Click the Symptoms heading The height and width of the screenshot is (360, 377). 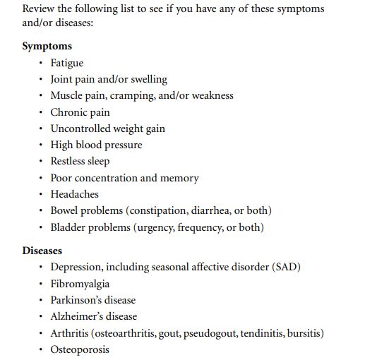coord(47,47)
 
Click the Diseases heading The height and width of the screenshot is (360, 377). coord(42,251)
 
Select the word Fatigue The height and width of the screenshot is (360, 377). coord(66,63)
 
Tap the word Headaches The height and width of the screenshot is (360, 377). coord(74,194)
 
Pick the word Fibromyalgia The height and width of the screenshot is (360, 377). coord(80,284)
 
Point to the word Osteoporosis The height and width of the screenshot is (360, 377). coord(80,349)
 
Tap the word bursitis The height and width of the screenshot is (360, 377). coord(304,333)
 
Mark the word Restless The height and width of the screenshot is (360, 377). coord(69,161)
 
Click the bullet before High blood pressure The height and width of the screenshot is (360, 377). coord(42,145)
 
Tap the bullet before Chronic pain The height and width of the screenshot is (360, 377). coord(42,112)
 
